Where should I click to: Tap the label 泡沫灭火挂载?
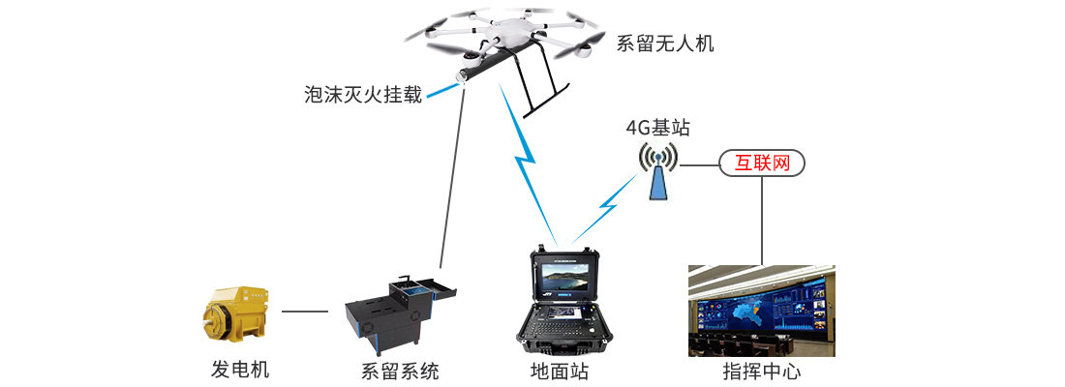coord(363,95)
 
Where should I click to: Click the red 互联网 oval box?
coord(762,164)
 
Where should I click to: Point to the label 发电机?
coord(240,370)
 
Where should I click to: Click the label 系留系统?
coord(400,372)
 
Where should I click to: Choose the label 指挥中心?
coord(761,372)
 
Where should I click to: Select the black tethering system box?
coord(397,313)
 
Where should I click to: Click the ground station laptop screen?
coord(565,283)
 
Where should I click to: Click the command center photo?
coord(761,311)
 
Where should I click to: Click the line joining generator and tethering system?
coord(304,312)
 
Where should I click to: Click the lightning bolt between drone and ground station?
coord(528,163)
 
